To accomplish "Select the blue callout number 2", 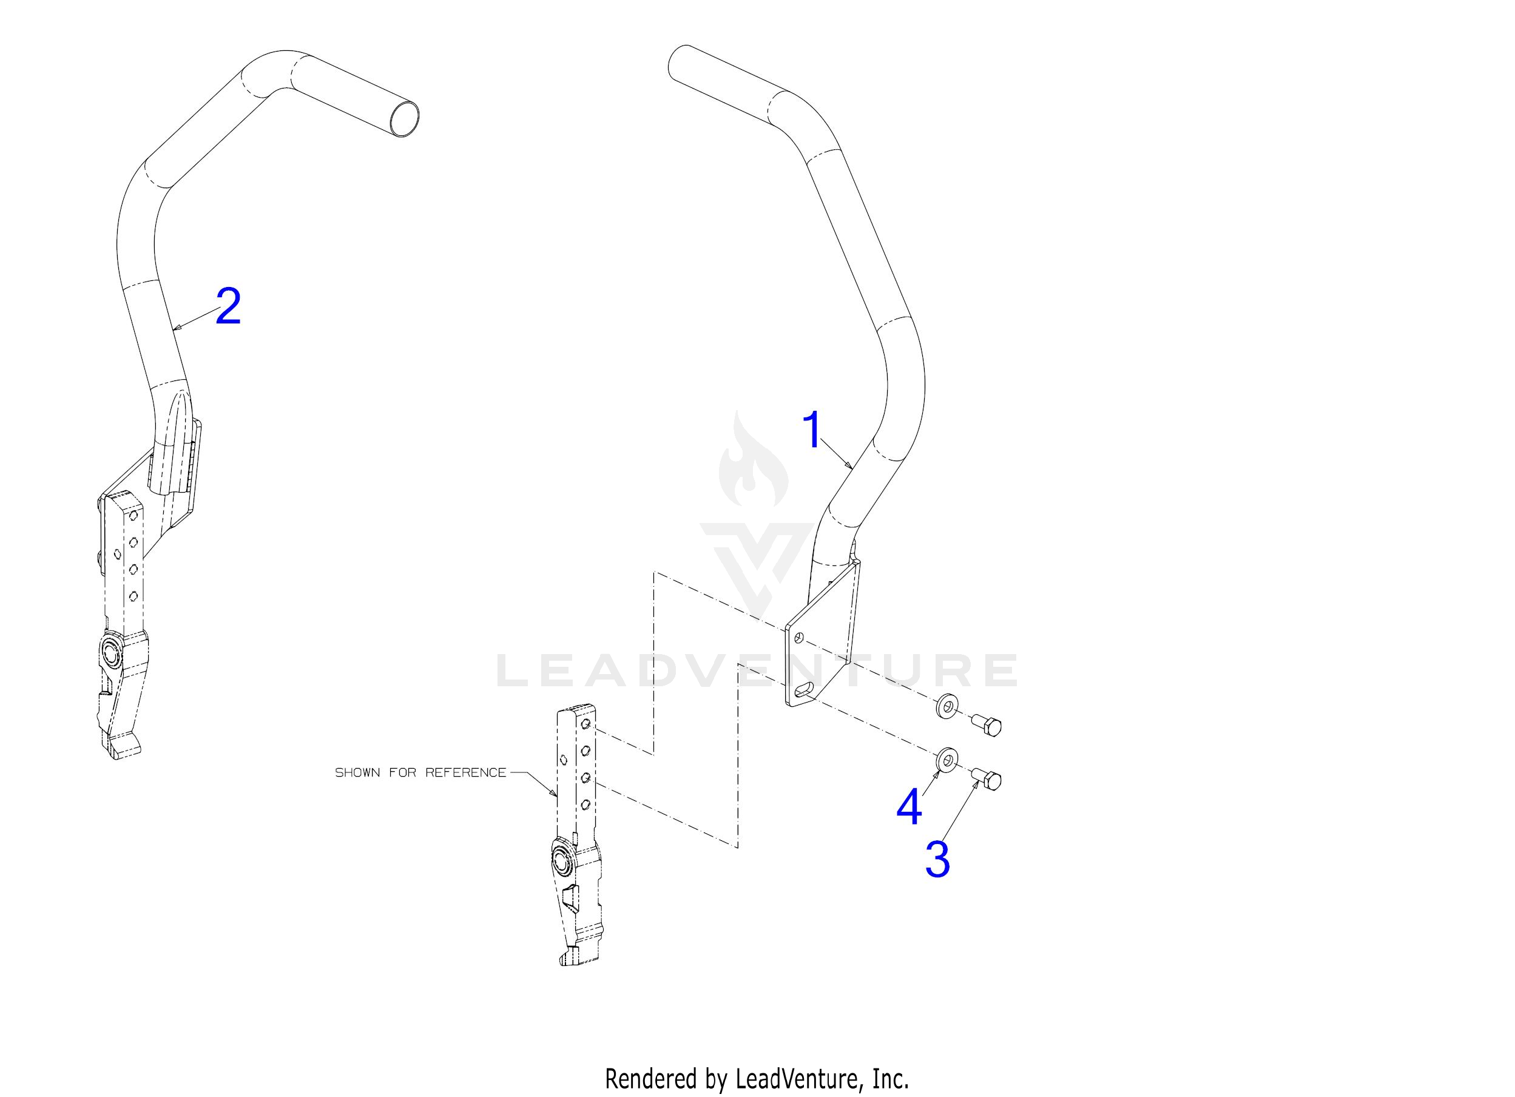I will coord(228,306).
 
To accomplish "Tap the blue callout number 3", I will coord(937,860).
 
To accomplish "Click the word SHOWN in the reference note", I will coord(357,772).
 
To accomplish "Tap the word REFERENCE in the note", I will coord(466,772).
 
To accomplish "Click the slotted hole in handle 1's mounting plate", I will coord(806,689).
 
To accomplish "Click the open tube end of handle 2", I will coord(404,120).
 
